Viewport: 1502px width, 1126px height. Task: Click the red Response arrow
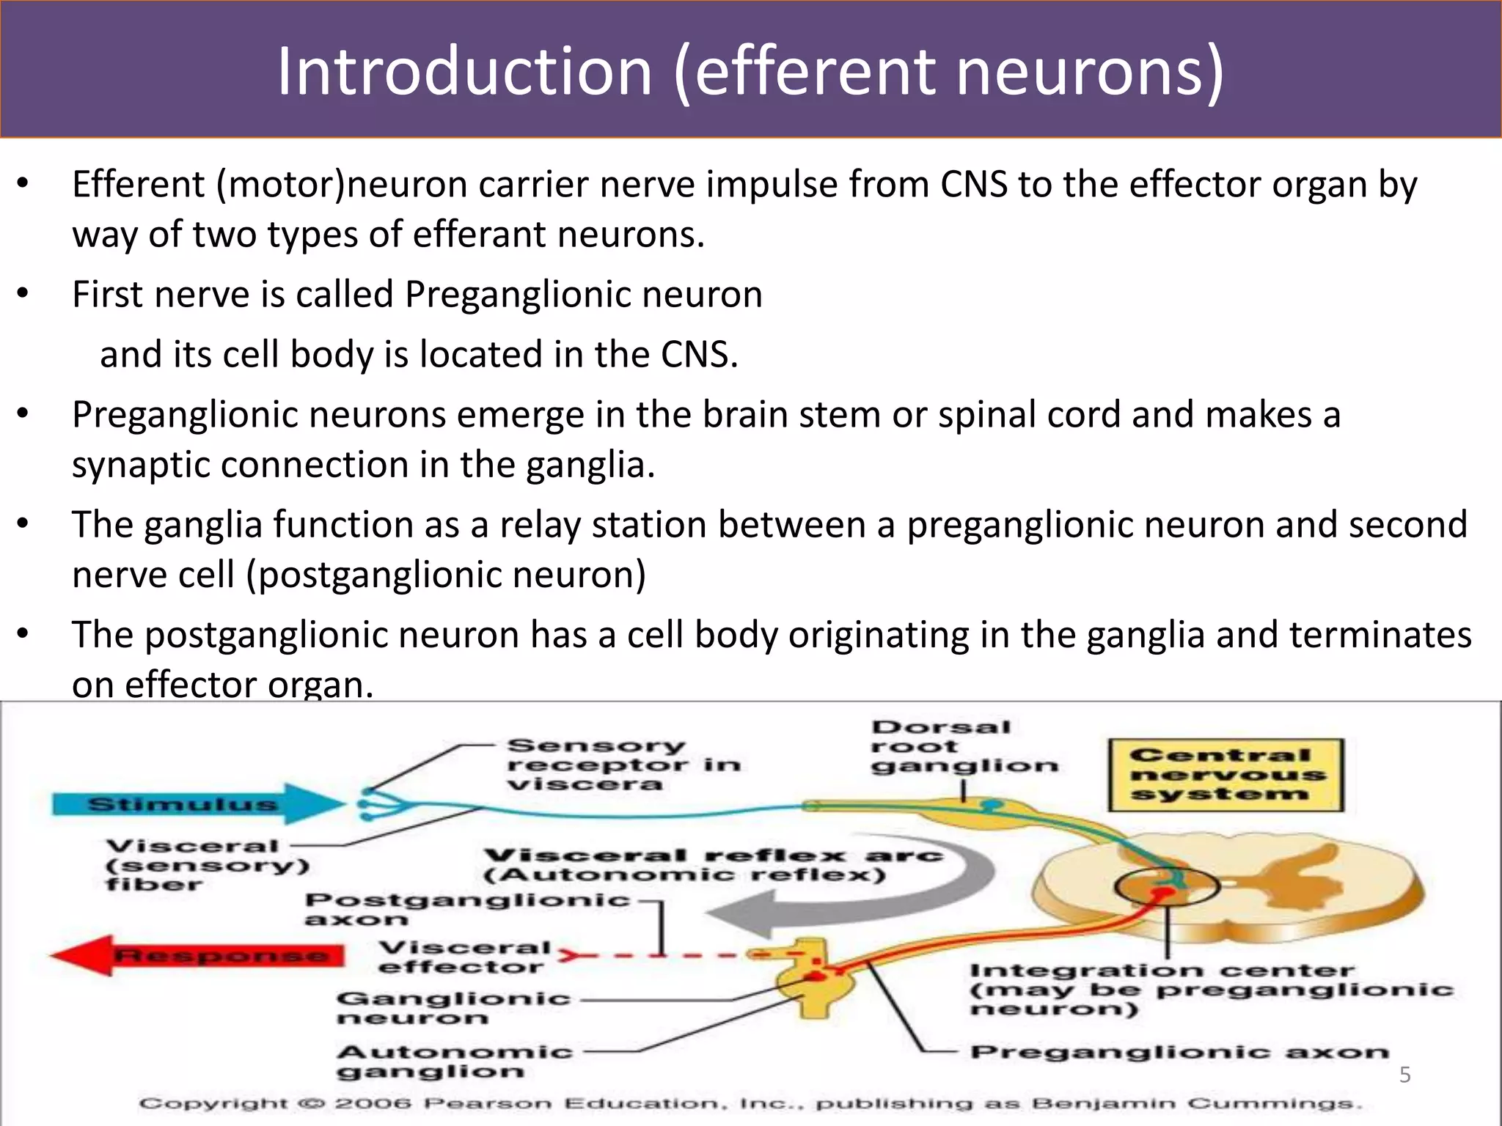[198, 955]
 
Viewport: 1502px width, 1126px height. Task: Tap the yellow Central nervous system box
[1225, 775]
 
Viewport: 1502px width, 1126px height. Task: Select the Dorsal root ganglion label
[963, 747]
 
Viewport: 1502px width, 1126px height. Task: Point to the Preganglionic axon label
[1179, 1053]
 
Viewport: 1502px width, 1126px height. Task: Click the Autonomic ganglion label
[453, 1061]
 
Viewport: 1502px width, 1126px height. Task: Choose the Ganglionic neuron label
[453, 1008]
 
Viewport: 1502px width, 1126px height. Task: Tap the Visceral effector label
[464, 957]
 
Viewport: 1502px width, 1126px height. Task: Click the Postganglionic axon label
[466, 908]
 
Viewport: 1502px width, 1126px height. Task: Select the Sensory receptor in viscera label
[623, 765]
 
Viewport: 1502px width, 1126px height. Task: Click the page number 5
[1404, 1075]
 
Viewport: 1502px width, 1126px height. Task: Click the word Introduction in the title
[464, 71]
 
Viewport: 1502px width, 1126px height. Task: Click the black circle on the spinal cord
[1167, 886]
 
